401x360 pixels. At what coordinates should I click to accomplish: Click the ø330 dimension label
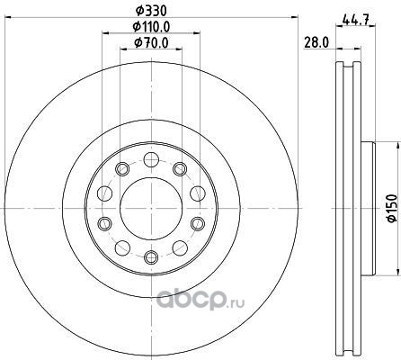coord(151,11)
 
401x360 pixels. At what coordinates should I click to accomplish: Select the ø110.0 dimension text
coord(151,27)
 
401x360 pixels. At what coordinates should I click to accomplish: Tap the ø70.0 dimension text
coord(151,43)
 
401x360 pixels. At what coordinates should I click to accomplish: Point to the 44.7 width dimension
coord(355,21)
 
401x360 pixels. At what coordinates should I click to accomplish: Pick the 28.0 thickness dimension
coord(316,42)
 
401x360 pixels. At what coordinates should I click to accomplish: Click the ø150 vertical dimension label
coord(392,208)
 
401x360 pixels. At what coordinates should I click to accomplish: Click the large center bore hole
coord(151,208)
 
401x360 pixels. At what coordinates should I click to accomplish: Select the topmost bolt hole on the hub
coord(151,159)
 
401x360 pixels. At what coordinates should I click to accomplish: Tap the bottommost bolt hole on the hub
coord(151,256)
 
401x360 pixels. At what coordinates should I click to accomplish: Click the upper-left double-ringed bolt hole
coord(122,169)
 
